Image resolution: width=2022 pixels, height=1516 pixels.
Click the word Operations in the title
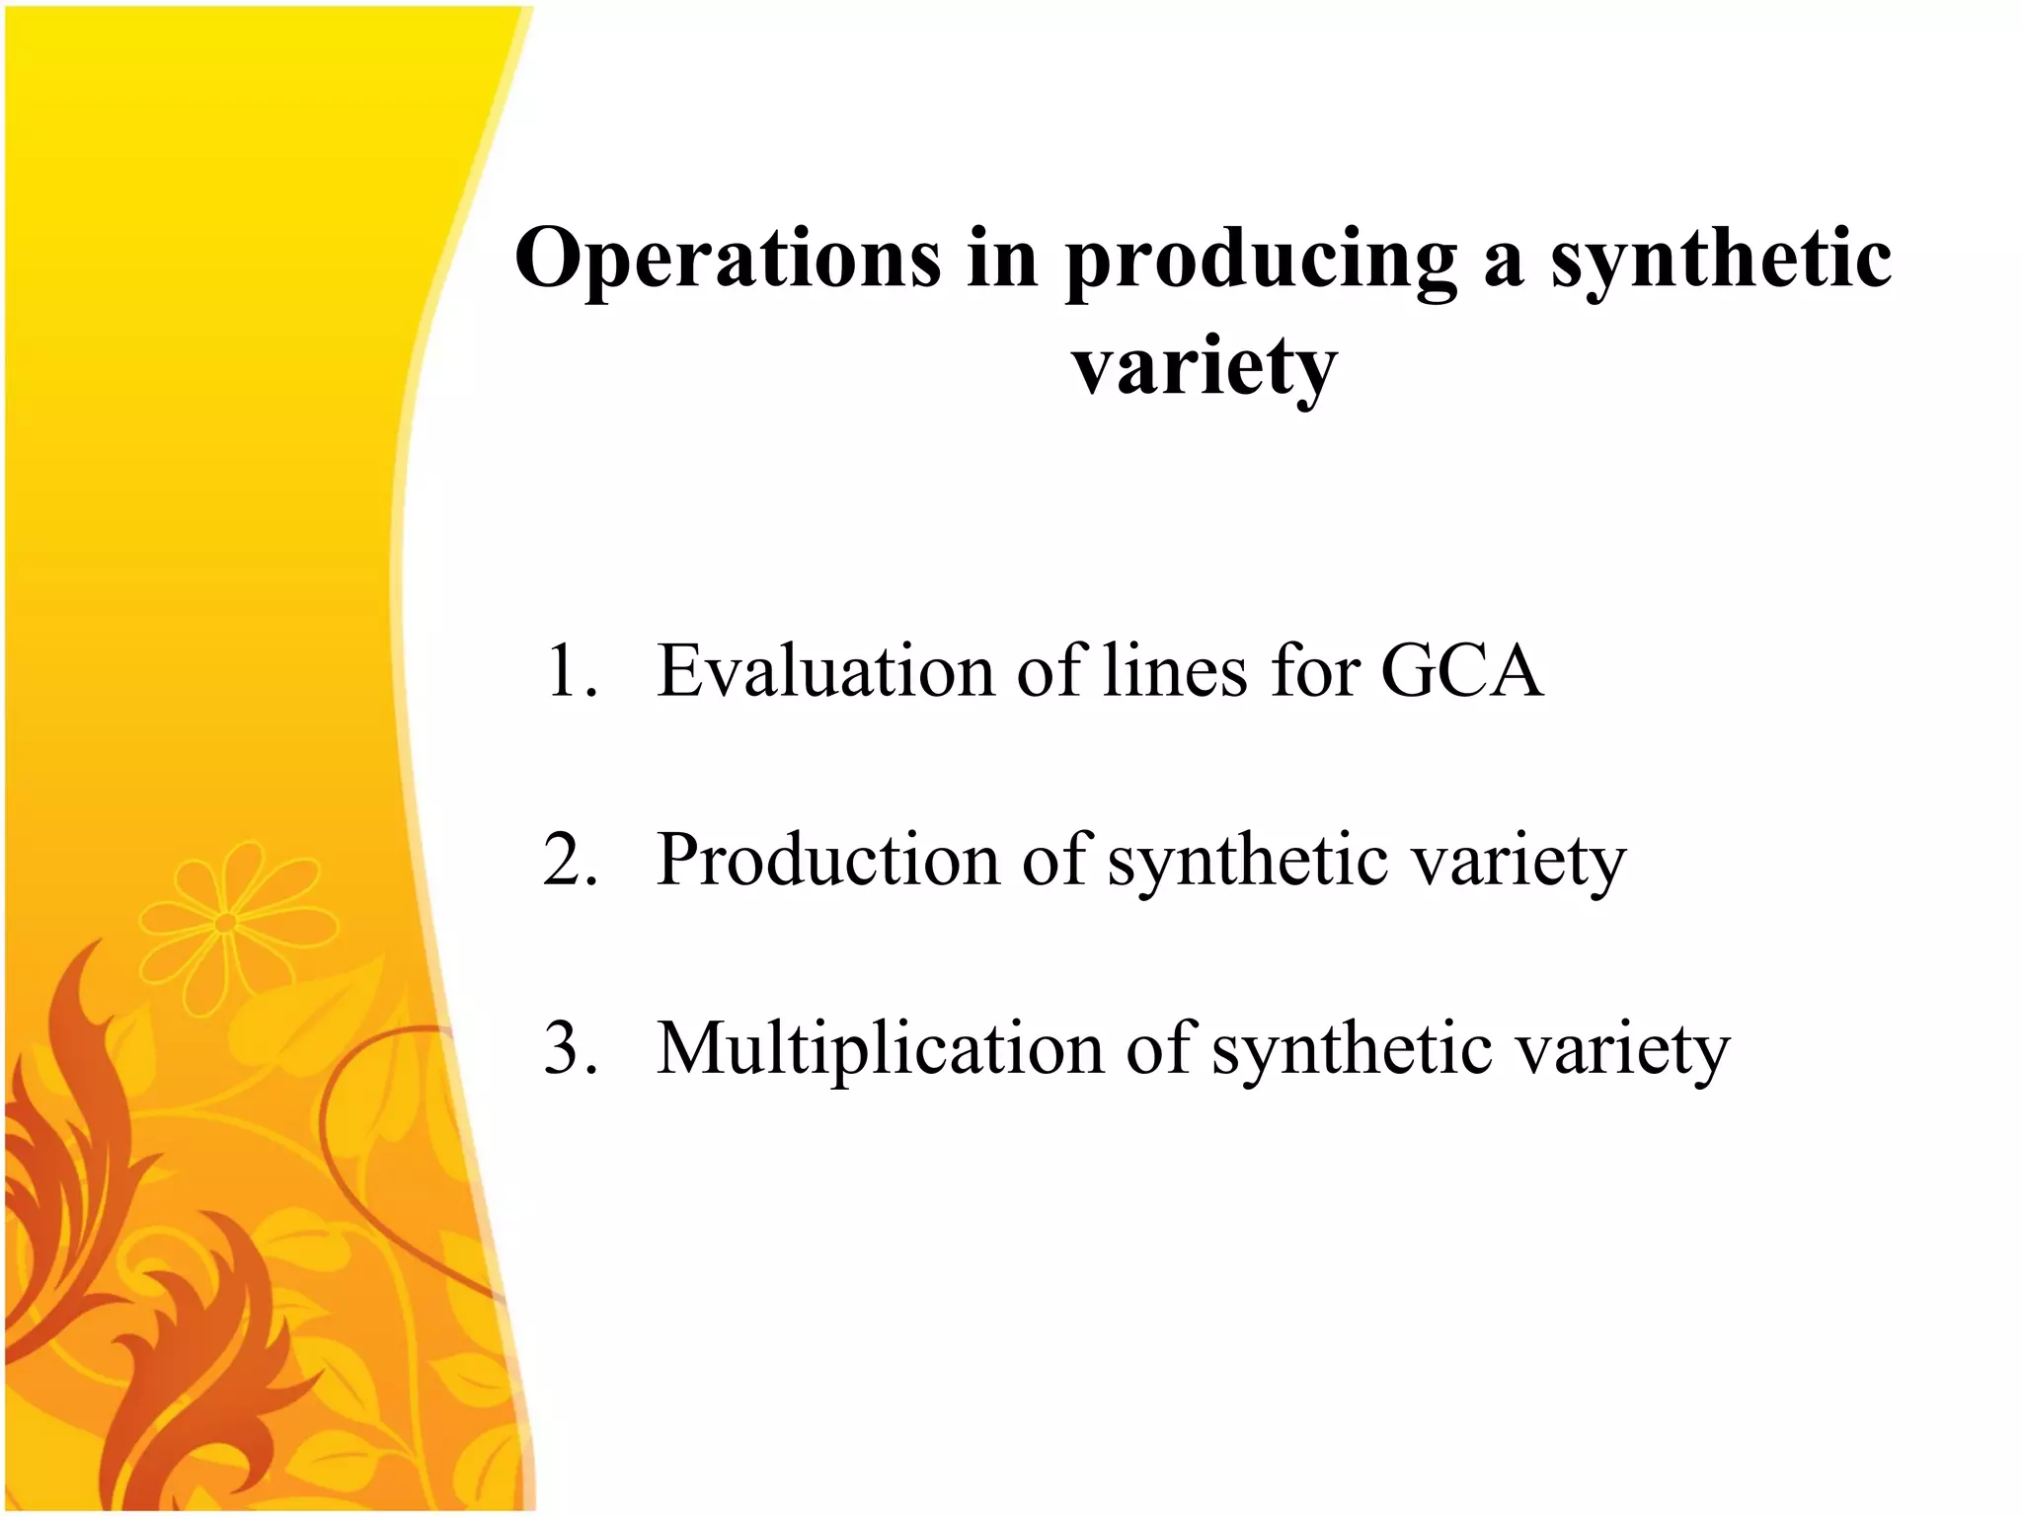click(728, 259)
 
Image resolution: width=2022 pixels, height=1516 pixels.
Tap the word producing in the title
click(1261, 262)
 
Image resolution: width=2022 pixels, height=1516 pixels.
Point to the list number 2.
click(571, 860)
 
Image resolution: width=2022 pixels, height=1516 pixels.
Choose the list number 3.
click(571, 1048)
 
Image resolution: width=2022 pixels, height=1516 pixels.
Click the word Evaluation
click(825, 671)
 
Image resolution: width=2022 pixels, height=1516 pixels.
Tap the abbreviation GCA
click(1461, 671)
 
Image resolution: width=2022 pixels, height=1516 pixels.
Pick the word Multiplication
click(880, 1048)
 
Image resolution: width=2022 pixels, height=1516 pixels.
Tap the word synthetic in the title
click(1721, 262)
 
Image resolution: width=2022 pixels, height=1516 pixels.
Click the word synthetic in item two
click(1248, 862)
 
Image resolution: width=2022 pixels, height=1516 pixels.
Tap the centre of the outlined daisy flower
click(225, 923)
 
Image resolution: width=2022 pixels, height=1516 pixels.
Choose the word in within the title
click(1002, 259)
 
